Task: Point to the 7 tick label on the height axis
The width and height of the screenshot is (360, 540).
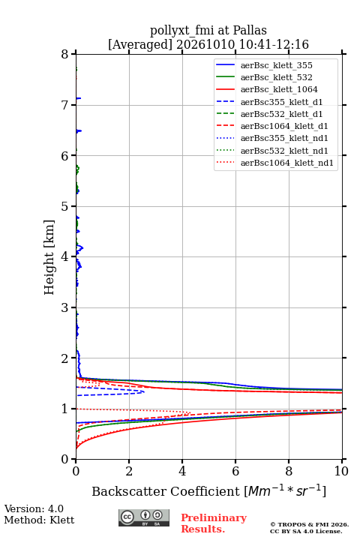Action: [64, 105]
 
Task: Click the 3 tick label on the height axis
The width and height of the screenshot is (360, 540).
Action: [64, 307]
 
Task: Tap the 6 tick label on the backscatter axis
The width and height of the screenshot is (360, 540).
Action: [235, 471]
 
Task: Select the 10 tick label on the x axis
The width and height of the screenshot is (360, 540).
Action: [341, 471]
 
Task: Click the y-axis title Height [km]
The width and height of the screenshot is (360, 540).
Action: [49, 257]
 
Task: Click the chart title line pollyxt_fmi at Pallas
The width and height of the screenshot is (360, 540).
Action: [208, 30]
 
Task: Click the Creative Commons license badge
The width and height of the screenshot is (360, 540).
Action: [144, 517]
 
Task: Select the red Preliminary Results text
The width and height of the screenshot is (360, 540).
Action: [214, 523]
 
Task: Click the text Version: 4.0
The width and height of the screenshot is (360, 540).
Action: [34, 508]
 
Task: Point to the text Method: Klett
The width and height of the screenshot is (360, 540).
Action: [39, 520]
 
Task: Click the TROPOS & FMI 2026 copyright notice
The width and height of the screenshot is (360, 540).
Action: [309, 524]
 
